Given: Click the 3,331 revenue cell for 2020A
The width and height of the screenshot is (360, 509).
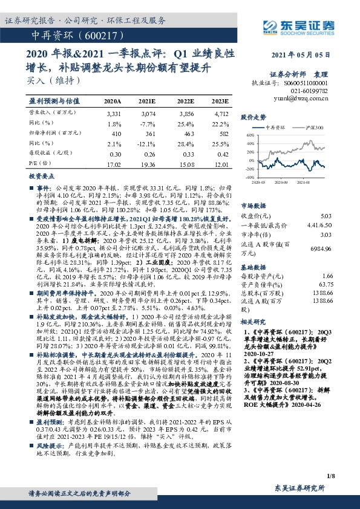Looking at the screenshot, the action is click(113, 113).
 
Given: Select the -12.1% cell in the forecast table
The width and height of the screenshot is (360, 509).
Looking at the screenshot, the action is click(148, 144).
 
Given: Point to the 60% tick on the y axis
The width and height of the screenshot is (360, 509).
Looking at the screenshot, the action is click(250, 136).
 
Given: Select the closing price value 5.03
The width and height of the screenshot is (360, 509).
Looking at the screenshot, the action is click(326, 216).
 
